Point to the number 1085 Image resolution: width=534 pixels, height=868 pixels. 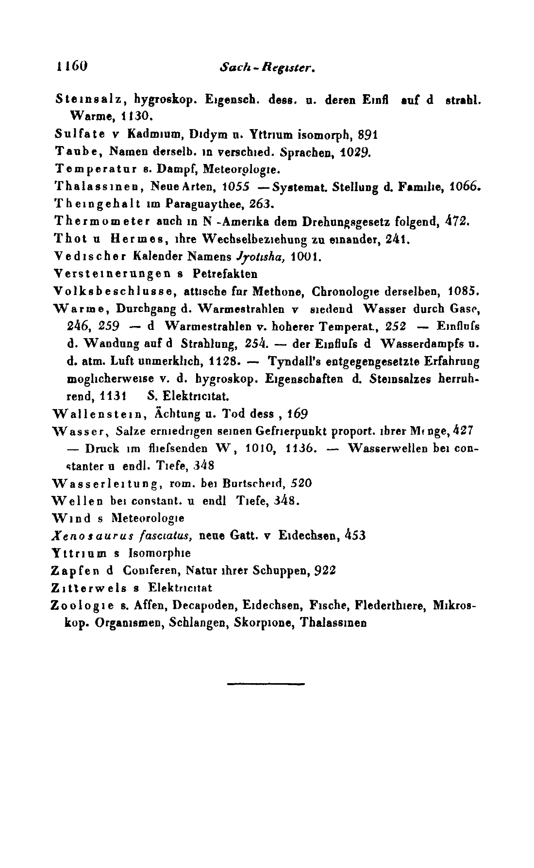[x=463, y=291]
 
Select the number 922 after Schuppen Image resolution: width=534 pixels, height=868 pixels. [x=325, y=571]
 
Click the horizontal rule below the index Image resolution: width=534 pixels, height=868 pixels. [x=265, y=684]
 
